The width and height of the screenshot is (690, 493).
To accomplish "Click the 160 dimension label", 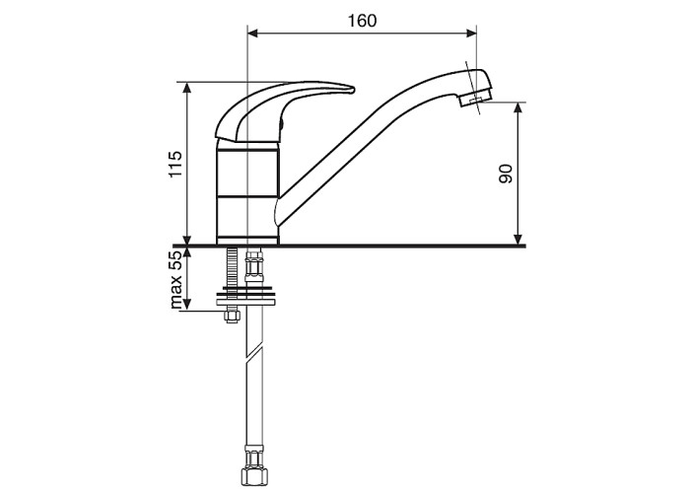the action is point(362,21).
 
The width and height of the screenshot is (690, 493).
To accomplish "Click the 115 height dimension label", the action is point(175,164).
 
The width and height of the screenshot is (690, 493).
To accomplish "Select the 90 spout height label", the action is point(506,174).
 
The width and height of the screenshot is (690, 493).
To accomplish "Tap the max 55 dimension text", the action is point(175,280).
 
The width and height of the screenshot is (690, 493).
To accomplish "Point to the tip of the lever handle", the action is point(353,90).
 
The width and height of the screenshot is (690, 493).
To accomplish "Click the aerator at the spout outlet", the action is point(476,97).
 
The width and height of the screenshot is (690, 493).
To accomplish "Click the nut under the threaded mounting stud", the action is point(232,316).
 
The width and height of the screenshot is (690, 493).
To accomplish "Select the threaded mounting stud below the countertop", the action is point(232,268).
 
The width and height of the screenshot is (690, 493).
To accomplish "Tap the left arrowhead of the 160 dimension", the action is point(253,33).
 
